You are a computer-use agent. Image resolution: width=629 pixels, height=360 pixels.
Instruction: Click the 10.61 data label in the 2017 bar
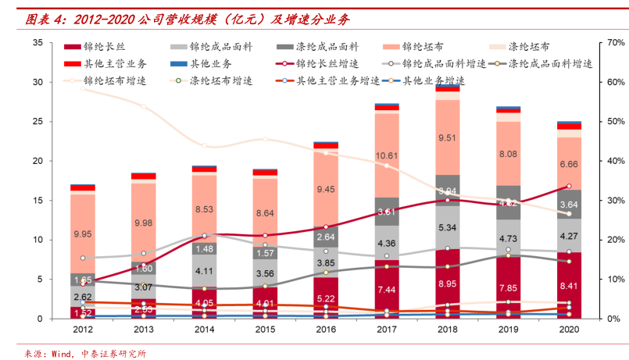[x=387, y=156]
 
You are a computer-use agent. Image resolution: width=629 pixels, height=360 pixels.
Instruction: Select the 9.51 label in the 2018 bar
[x=448, y=138]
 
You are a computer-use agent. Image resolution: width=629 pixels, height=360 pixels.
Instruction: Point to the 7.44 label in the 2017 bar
[x=387, y=290]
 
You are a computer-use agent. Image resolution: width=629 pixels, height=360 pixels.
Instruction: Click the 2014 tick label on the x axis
[x=204, y=330]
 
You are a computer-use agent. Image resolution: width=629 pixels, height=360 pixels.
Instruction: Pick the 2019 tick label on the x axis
[x=508, y=330]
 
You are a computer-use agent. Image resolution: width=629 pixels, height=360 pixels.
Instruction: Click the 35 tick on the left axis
[x=38, y=43]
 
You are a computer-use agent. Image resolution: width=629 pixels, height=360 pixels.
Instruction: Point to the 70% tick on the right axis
[x=615, y=43]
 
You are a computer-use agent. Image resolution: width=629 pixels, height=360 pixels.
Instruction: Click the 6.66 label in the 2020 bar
[x=569, y=165]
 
